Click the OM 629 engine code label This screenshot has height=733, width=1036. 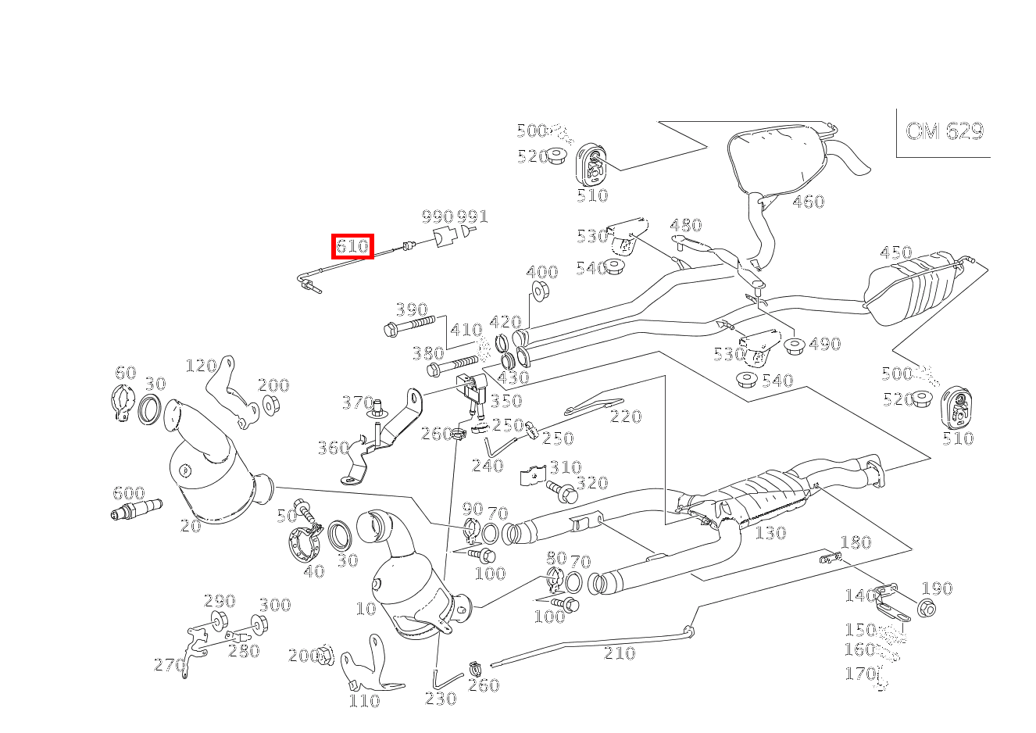(x=944, y=131)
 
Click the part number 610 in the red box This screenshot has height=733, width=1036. (x=352, y=247)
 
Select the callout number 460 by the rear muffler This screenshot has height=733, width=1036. (x=808, y=202)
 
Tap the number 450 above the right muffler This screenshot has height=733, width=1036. (x=895, y=252)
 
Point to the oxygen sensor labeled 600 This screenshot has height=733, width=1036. (x=137, y=512)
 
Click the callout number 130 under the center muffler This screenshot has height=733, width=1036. (x=770, y=533)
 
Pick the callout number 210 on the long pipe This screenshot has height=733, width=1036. (x=620, y=653)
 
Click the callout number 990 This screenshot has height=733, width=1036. (x=438, y=216)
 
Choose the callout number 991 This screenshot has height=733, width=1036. (x=472, y=216)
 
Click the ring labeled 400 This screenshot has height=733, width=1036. (x=539, y=292)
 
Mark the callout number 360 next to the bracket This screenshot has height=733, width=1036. (x=333, y=448)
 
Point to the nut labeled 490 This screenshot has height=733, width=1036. (x=795, y=345)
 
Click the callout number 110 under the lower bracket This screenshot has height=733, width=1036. (x=364, y=701)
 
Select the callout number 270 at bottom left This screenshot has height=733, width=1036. (x=170, y=665)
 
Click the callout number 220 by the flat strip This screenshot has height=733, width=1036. (x=625, y=417)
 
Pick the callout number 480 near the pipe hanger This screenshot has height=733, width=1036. (x=686, y=225)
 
